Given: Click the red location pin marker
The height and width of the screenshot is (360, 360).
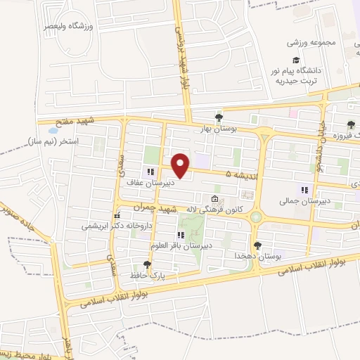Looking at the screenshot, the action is click(181, 165).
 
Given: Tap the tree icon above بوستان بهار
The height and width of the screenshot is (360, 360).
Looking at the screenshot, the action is click(219, 118).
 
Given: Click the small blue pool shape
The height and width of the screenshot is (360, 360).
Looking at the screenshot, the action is click(52, 130).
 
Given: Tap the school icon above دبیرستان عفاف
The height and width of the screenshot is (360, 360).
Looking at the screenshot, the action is click(150, 171).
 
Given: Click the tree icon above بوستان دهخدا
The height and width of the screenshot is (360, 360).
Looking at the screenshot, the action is click(258, 245).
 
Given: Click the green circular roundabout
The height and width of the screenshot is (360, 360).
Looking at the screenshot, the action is click(256, 219).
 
